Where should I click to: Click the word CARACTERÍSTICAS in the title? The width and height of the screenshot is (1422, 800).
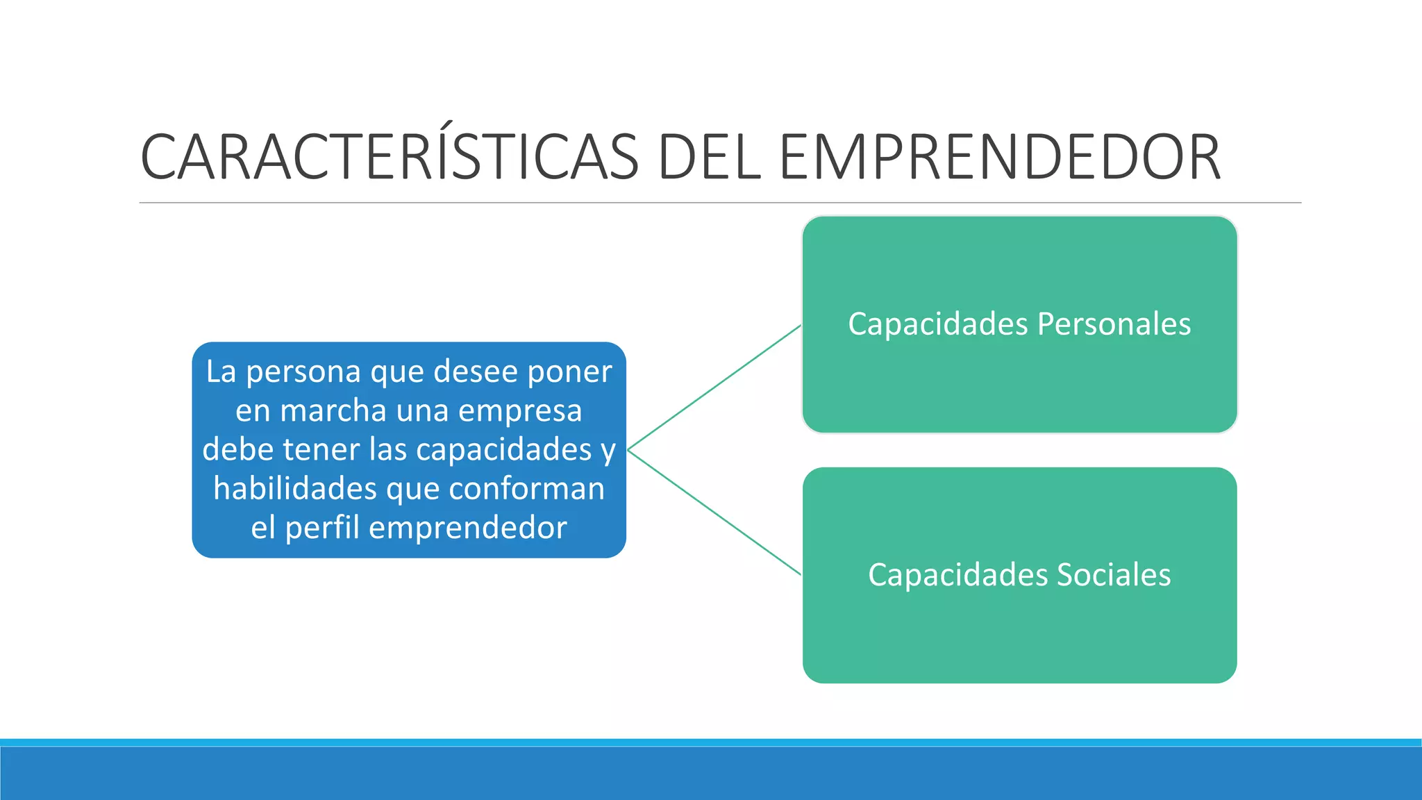point(389,157)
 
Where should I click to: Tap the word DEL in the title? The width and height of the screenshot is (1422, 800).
point(709,157)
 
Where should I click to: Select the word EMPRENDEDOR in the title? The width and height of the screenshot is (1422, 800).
point(999,157)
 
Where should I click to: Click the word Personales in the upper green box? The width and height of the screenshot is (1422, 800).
point(1114,324)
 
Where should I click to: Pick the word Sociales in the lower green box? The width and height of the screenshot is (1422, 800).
point(1114,575)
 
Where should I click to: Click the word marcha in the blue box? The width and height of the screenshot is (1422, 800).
point(333,410)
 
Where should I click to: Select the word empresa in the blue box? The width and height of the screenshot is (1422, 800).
point(520,412)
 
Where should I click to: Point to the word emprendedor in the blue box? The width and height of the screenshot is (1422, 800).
point(468,528)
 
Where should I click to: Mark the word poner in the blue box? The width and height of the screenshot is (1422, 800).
point(569,373)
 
